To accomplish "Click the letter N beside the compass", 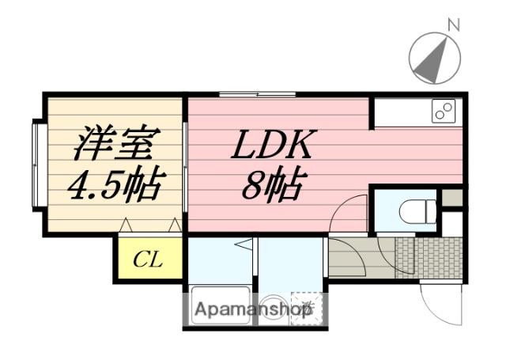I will [x=454, y=24].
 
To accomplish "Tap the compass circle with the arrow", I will [x=434, y=59].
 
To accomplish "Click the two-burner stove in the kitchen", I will [x=444, y=112].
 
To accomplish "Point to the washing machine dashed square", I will [x=307, y=307].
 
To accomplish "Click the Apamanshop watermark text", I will [x=253, y=309].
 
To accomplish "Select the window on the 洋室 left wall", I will [x=37, y=164].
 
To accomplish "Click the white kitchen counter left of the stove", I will [x=399, y=112].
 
